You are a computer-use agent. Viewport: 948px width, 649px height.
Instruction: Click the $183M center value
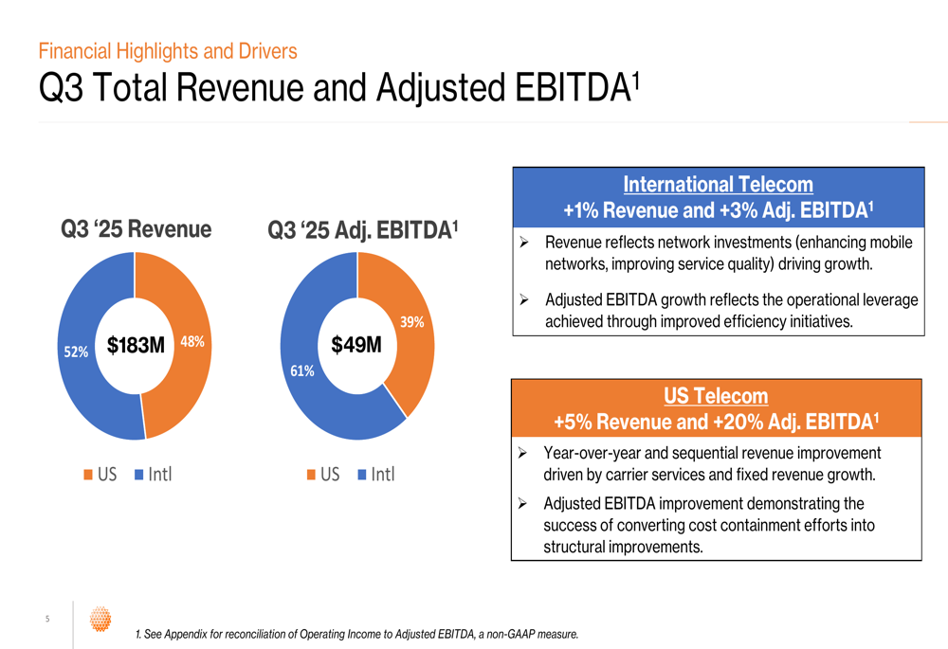pyautogui.click(x=136, y=346)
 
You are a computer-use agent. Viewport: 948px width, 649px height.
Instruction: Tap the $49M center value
pyautogui.click(x=356, y=346)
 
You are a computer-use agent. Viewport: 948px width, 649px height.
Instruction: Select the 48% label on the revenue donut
pyautogui.click(x=192, y=342)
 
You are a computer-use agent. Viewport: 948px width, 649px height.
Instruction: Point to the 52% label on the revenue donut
pyautogui.click(x=76, y=352)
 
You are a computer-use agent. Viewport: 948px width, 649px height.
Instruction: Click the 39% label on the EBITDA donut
pyautogui.click(x=411, y=322)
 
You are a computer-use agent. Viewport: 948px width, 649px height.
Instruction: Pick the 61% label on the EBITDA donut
pyautogui.click(x=302, y=371)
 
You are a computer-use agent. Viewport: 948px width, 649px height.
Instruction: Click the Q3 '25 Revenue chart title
pyautogui.click(x=137, y=229)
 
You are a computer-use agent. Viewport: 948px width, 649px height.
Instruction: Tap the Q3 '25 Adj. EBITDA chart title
pyautogui.click(x=363, y=230)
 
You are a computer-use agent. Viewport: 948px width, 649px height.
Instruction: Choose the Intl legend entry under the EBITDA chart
pyautogui.click(x=375, y=474)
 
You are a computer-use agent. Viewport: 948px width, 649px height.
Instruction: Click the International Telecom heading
pyautogui.click(x=718, y=185)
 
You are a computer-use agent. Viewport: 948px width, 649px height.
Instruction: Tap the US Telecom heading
pyautogui.click(x=716, y=396)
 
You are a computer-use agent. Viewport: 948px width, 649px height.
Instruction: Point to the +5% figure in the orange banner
pyautogui.click(x=573, y=422)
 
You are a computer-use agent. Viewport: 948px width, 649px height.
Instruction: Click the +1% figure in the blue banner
pyautogui.click(x=581, y=210)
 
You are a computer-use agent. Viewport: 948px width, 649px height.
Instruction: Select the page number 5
pyautogui.click(x=47, y=620)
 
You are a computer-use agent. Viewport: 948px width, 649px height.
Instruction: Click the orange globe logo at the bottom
pyautogui.click(x=100, y=620)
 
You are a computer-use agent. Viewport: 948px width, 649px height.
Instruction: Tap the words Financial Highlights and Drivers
pyautogui.click(x=168, y=51)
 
